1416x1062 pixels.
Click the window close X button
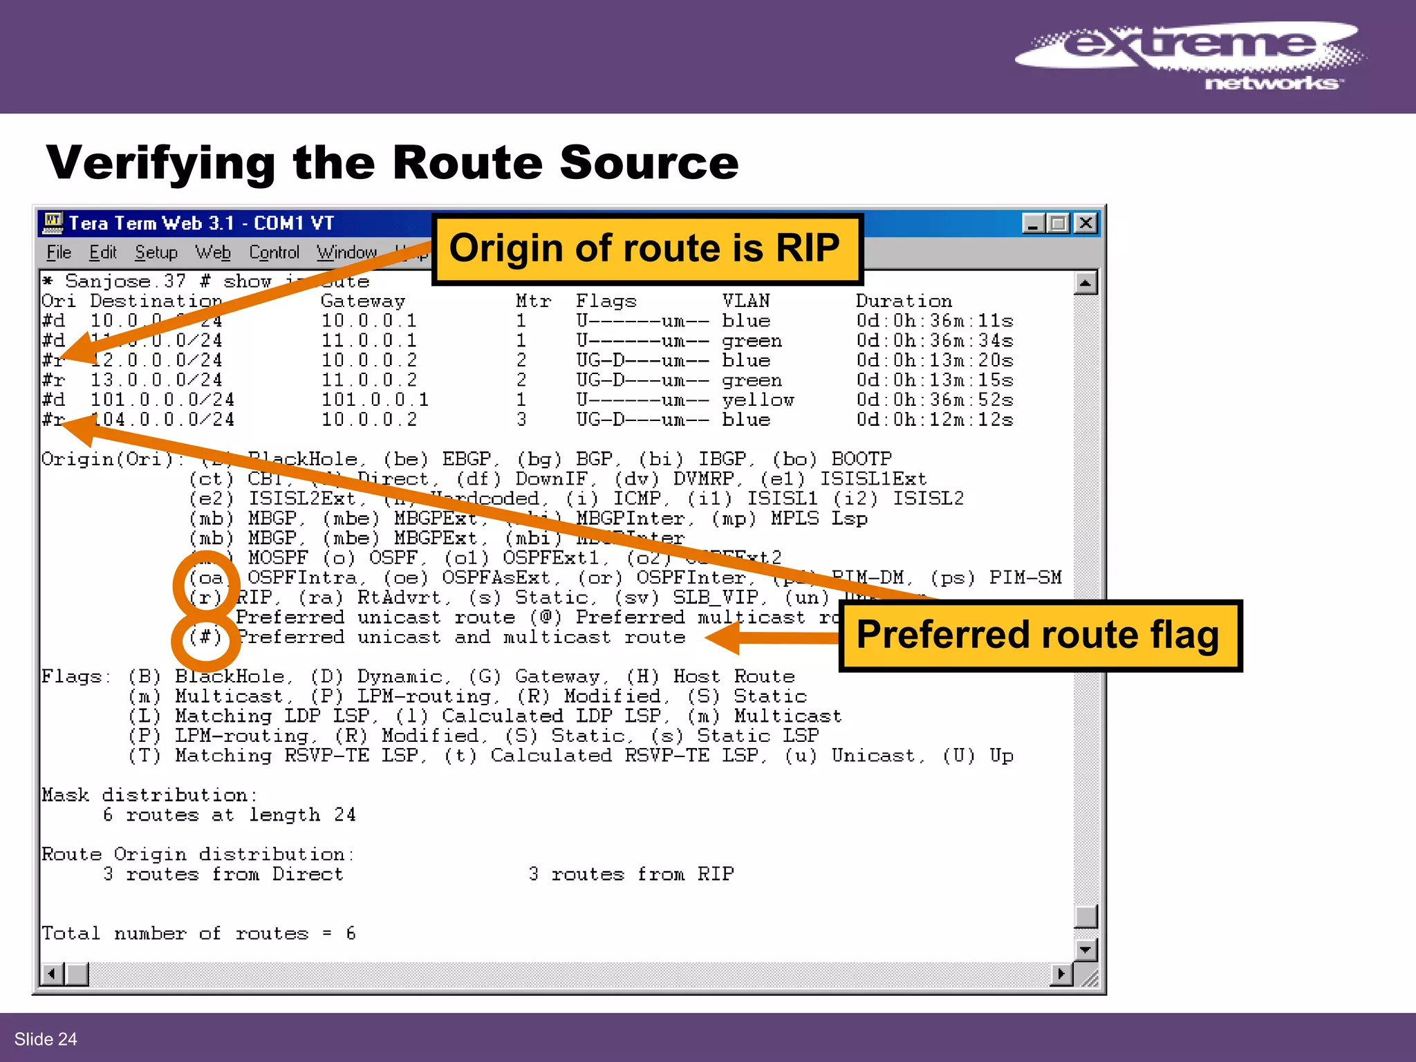(1086, 223)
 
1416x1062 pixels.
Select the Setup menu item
(156, 252)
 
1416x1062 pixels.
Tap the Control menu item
(274, 252)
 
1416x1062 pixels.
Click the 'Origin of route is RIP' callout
(646, 249)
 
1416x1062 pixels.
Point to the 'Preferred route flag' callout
(1039, 635)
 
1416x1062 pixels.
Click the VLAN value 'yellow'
(758, 400)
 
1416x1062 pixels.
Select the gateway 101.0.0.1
(375, 400)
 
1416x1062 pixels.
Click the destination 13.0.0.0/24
(156, 380)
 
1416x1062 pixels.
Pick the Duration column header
(904, 301)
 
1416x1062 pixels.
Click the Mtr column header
(533, 301)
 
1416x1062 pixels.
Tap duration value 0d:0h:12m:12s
(935, 420)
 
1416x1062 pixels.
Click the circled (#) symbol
(206, 637)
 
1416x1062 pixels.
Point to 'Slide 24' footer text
(46, 1038)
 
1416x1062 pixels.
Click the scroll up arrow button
(1086, 283)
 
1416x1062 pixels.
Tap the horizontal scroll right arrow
(1061, 974)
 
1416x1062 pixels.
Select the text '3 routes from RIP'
(631, 875)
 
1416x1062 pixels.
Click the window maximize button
(1059, 223)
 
